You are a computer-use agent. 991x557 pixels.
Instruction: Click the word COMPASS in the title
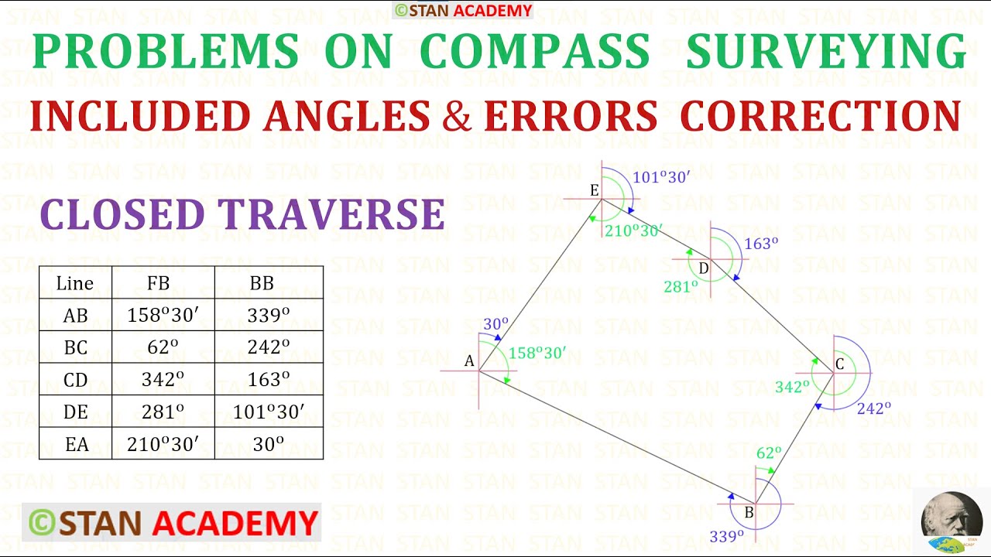(x=534, y=52)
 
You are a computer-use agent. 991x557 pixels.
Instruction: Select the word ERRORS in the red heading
(x=570, y=116)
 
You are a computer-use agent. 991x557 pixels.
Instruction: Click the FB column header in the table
(x=158, y=283)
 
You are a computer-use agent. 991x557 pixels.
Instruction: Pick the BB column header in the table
(x=262, y=283)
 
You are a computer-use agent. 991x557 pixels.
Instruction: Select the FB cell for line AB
(x=163, y=315)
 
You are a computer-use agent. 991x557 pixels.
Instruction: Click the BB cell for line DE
(x=268, y=412)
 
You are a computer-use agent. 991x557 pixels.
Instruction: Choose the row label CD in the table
(x=75, y=380)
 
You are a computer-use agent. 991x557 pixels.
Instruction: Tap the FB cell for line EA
(x=163, y=444)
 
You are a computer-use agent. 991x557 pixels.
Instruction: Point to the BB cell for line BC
(x=268, y=347)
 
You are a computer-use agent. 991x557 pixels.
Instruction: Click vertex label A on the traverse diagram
(x=468, y=361)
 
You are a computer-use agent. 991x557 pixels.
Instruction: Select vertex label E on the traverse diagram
(x=594, y=190)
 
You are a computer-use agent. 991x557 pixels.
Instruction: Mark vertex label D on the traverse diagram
(x=703, y=268)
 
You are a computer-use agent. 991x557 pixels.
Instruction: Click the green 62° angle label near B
(x=769, y=453)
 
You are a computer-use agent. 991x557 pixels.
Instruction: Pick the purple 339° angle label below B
(x=726, y=535)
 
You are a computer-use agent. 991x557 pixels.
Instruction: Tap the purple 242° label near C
(x=873, y=408)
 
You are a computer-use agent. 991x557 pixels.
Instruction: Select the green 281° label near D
(x=681, y=286)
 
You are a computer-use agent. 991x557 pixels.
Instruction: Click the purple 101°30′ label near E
(x=660, y=177)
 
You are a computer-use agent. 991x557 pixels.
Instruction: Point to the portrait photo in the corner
(x=952, y=519)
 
